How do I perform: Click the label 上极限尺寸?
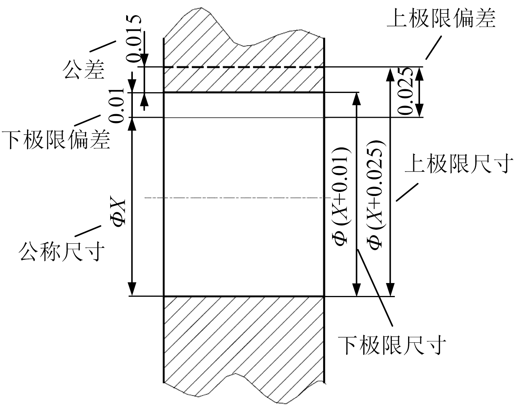pos(459,164)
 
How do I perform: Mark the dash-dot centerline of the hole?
pos(234,198)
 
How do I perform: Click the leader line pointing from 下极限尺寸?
pos(375,287)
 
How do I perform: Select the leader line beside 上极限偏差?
pos(433,47)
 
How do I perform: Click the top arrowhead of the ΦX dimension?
pos(132,124)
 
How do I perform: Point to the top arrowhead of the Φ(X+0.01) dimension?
pos(356,99)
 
